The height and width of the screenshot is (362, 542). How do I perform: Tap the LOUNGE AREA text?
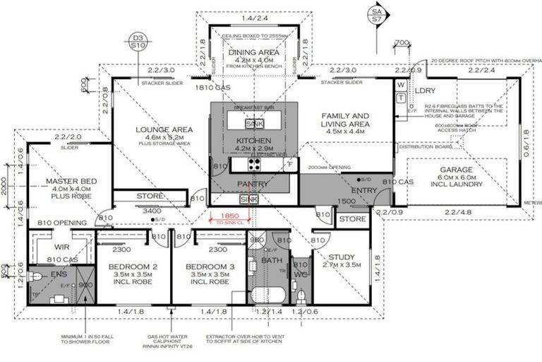pos(164,129)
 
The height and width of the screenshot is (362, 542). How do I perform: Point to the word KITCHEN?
pos(253,141)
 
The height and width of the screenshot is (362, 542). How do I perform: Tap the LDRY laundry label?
pos(425,90)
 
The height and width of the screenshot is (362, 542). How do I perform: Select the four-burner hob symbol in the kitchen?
pos(253,164)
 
